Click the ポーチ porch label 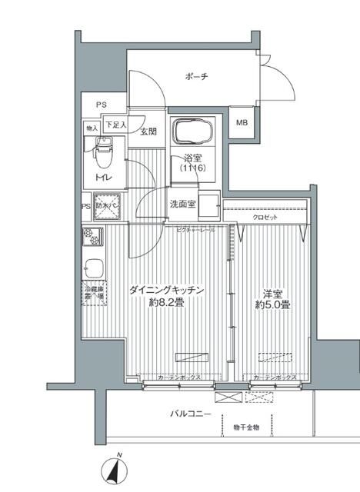(x=195, y=76)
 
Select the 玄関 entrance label (x=148, y=131)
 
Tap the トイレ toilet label (x=102, y=178)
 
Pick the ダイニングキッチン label (x=166, y=290)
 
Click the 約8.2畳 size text (x=166, y=303)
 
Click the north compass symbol (x=118, y=467)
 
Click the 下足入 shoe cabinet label (x=115, y=125)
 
